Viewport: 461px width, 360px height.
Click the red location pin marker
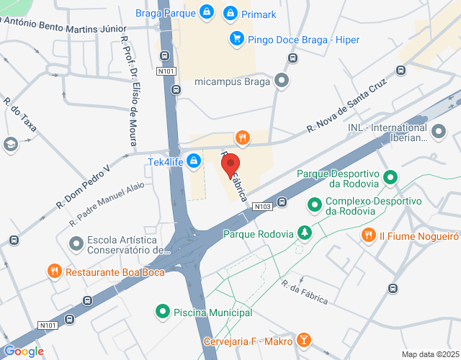(x=230, y=166)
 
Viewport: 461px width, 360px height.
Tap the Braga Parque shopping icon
(x=207, y=12)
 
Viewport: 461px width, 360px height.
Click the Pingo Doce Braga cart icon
(x=235, y=40)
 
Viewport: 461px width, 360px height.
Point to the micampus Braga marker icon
(x=282, y=81)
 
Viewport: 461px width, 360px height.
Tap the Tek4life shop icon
(x=193, y=161)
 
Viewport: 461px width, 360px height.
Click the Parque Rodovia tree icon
(x=305, y=233)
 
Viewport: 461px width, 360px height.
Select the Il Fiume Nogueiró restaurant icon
(x=368, y=235)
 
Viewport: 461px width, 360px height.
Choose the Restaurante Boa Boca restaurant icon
(x=54, y=271)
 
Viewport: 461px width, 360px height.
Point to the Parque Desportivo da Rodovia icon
(x=390, y=176)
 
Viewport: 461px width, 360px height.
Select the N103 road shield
(x=261, y=206)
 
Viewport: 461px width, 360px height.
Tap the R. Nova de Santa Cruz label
(x=342, y=115)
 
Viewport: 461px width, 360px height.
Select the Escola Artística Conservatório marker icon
(x=76, y=245)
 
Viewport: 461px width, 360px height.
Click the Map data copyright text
(x=429, y=354)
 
